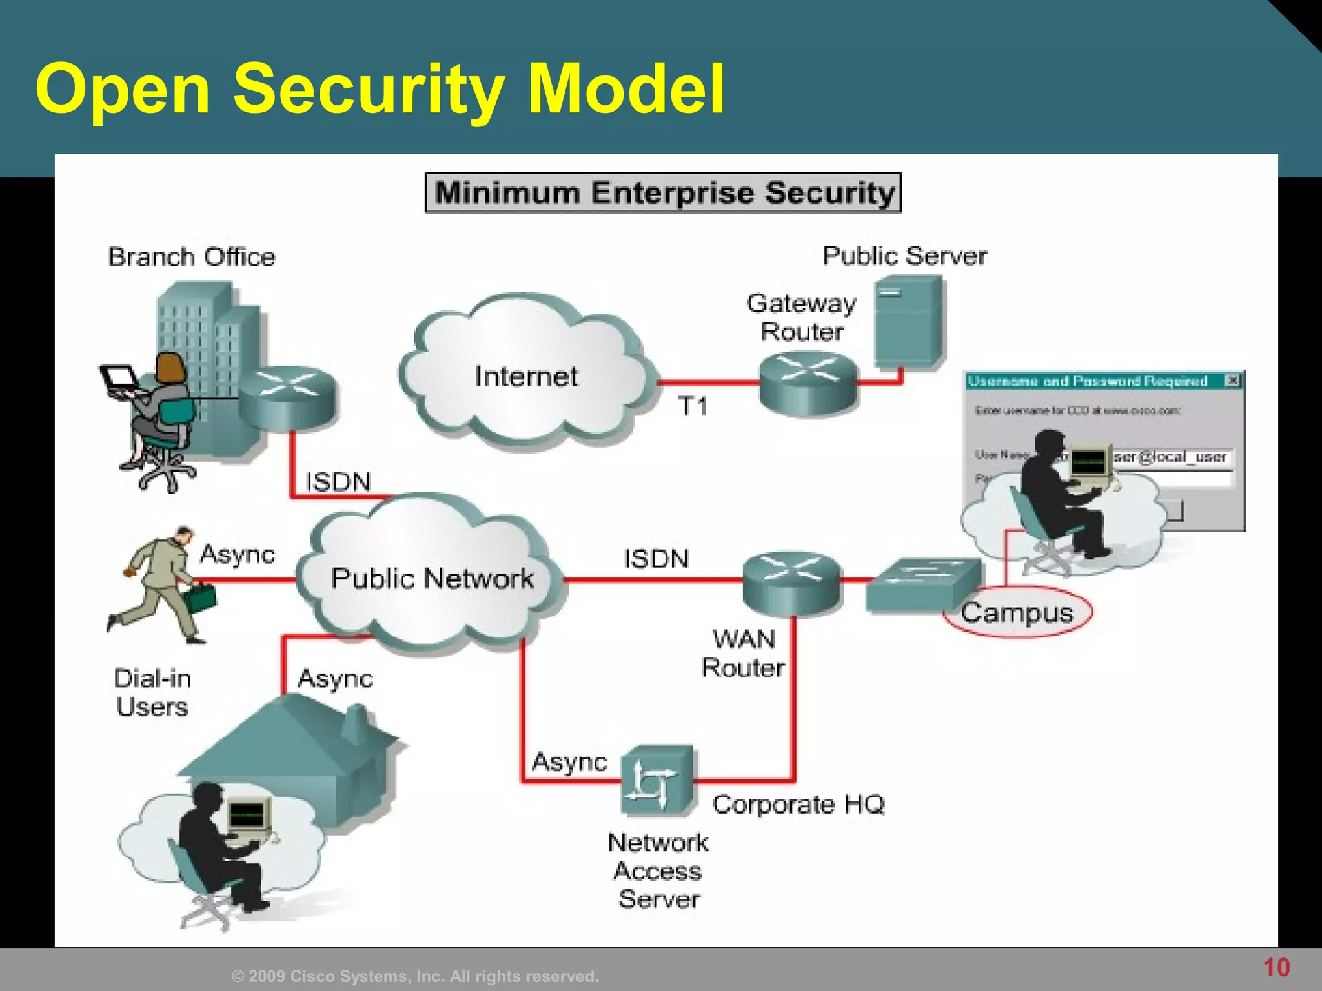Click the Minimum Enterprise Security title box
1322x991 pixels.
point(663,192)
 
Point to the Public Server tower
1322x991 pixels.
point(909,321)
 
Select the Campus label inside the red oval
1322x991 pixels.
point(1017,612)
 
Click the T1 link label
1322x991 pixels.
point(693,406)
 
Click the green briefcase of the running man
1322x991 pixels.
point(201,597)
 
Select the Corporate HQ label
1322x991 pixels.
point(798,804)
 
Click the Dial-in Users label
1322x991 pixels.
point(152,692)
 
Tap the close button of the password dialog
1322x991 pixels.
point(1232,381)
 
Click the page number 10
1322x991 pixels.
point(1276,967)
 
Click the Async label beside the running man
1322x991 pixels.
point(237,554)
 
